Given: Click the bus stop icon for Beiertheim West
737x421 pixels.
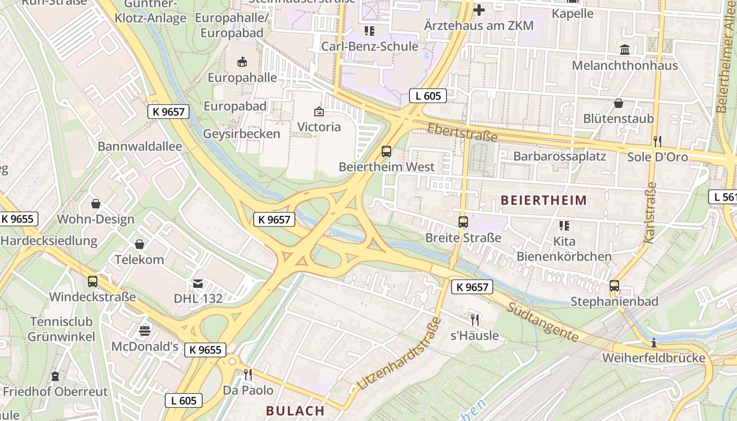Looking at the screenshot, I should (x=386, y=152).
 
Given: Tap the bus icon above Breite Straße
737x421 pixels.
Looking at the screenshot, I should (x=463, y=222).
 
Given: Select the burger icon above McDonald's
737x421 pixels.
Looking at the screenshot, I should (x=145, y=330).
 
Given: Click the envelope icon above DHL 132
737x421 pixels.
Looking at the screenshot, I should (x=198, y=284).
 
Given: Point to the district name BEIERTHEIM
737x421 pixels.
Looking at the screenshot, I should (x=544, y=200).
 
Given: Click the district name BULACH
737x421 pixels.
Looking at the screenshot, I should (x=295, y=410).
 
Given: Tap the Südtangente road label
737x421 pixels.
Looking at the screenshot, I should (x=543, y=321).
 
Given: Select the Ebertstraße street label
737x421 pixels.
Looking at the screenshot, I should (x=462, y=133).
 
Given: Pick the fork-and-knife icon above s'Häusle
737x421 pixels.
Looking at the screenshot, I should (x=474, y=319).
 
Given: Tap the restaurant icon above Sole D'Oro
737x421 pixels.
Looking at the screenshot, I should (x=657, y=141).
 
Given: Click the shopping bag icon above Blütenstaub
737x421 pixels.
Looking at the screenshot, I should (x=618, y=103).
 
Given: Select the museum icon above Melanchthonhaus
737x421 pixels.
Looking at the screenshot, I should (x=625, y=49).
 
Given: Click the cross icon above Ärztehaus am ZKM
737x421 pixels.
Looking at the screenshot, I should (x=479, y=9).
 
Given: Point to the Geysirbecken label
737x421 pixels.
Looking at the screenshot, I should (x=242, y=134).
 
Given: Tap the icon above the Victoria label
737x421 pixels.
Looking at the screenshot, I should (x=318, y=112).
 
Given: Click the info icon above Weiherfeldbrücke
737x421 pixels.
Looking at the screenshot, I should (x=653, y=343).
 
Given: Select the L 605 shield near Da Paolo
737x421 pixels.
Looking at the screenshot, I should (x=184, y=400).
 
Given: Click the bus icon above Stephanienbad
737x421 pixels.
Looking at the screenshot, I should (x=614, y=286).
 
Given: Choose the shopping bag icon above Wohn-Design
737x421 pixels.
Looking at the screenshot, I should (x=96, y=203).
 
